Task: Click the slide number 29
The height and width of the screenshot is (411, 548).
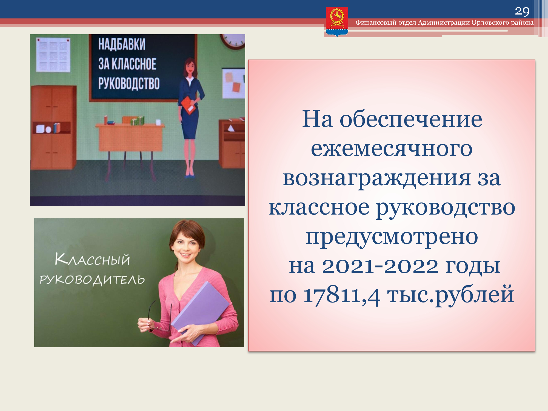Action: pos(522,11)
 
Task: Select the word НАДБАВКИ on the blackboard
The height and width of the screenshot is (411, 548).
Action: pos(122,44)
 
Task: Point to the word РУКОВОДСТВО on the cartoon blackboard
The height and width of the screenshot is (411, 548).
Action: pos(129,83)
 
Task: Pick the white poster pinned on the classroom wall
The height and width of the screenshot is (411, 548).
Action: pos(53,55)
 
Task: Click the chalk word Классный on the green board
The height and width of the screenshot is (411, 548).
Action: pos(92,259)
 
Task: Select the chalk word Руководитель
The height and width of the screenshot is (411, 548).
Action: pos(92,280)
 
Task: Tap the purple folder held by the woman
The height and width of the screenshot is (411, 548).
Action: pos(200,312)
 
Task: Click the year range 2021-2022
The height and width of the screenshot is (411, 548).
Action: pos(380,266)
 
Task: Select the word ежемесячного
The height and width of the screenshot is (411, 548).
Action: pos(392,149)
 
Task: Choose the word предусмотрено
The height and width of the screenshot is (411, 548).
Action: pos(392,237)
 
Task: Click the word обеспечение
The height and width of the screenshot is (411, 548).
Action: pos(411,119)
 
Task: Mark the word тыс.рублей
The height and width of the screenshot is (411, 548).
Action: pos(450,295)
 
